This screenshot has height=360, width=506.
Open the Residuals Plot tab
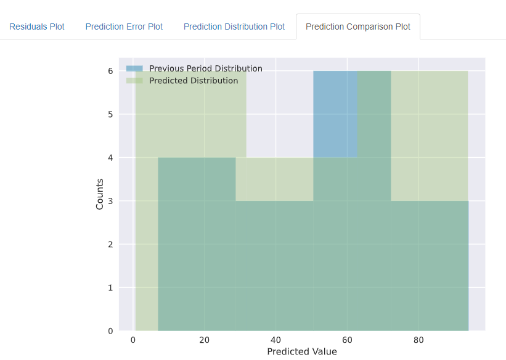[36, 27]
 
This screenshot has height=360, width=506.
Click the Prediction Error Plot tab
[124, 27]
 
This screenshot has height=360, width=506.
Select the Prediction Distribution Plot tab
[234, 27]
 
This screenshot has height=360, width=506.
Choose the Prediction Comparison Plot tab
[357, 27]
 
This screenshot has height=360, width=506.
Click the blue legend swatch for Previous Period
[134, 68]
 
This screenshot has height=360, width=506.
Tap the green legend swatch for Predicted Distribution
[134, 81]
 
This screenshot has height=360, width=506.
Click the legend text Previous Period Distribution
[205, 68]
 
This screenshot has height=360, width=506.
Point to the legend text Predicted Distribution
[193, 81]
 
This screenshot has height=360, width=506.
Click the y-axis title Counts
[100, 194]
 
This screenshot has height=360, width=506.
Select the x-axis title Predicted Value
[302, 351]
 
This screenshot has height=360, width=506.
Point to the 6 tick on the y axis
[110, 71]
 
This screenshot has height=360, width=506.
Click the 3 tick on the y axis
[110, 201]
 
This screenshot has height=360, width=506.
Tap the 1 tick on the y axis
[110, 288]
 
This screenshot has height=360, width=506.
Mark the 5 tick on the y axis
[110, 114]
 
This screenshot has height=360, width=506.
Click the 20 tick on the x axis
[205, 340]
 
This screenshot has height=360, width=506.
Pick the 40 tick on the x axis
[276, 340]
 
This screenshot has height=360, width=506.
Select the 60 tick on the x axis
[347, 340]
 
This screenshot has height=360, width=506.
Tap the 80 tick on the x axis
[418, 340]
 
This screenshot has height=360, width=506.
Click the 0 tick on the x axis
[134, 340]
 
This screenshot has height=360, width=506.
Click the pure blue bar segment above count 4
[335, 114]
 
